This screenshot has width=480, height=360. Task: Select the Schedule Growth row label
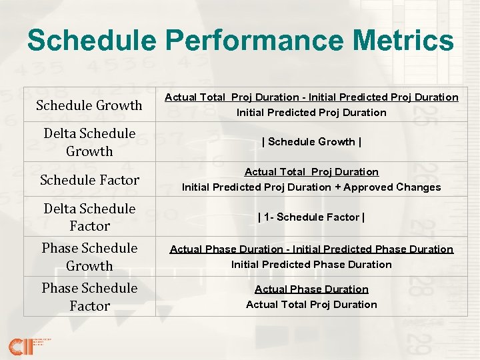(x=89, y=105)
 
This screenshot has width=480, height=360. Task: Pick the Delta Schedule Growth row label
(x=89, y=142)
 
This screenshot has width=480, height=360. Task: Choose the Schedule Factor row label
(x=89, y=180)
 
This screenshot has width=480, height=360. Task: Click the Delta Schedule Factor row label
(x=89, y=217)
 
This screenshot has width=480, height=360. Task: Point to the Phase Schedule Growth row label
(x=89, y=257)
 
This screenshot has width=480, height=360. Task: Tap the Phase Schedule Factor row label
(x=89, y=297)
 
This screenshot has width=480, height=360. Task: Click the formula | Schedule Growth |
(x=311, y=142)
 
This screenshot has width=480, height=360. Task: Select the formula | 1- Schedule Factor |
(x=311, y=217)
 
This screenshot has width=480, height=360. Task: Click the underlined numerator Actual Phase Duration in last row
(x=311, y=289)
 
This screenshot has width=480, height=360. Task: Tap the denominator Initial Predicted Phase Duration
(x=311, y=265)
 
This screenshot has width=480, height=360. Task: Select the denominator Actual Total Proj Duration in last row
(x=311, y=305)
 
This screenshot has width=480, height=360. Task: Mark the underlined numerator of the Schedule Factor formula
(x=311, y=172)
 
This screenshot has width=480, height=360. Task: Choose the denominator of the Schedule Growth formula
(x=311, y=113)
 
